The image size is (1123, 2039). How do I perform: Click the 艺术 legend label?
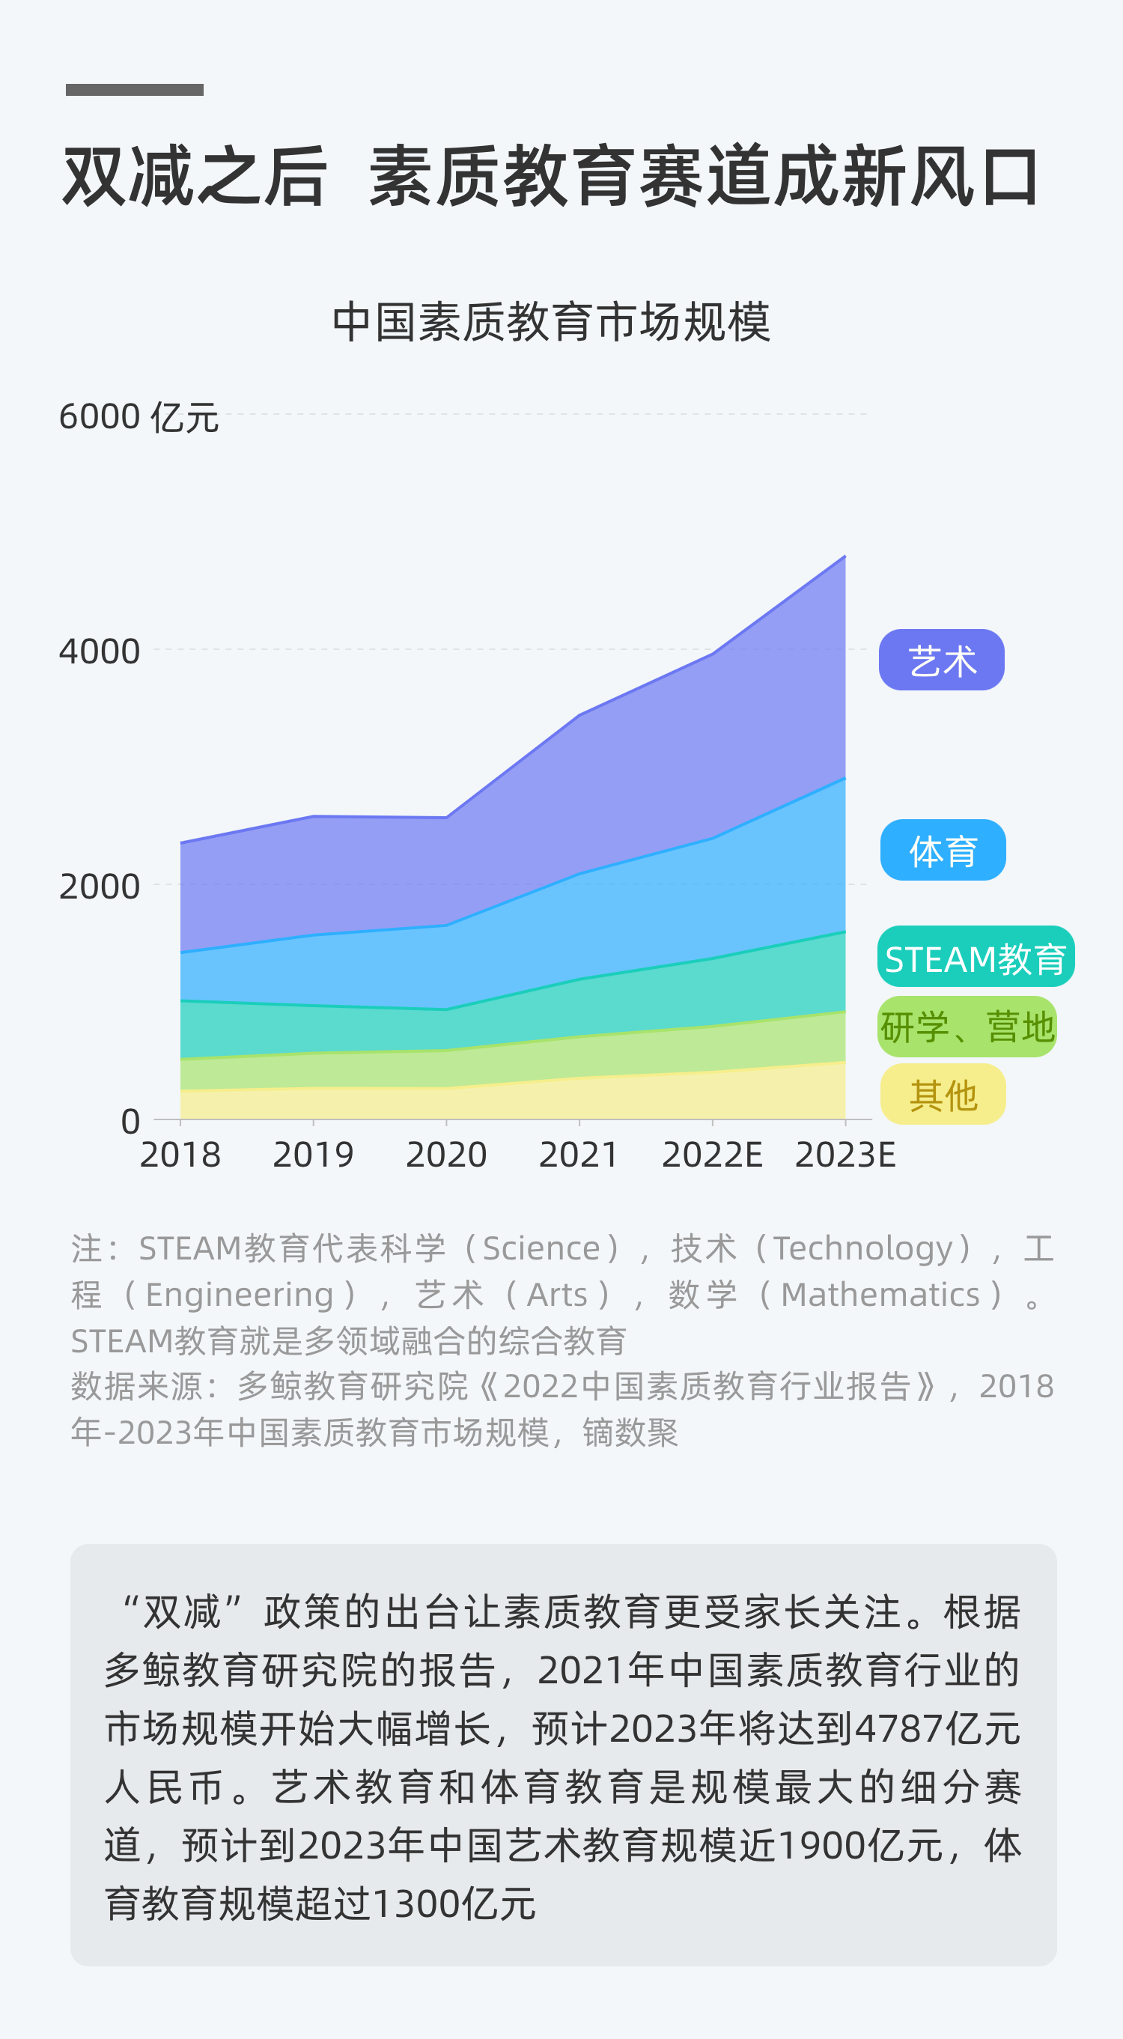941,660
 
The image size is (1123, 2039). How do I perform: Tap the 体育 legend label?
943,850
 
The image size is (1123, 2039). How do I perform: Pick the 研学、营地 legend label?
967,1027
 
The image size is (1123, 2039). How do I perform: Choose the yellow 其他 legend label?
943,1095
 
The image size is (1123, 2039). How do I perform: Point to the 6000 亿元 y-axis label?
139,416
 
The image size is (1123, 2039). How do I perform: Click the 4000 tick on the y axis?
99,651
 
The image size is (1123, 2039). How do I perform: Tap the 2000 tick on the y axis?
99,887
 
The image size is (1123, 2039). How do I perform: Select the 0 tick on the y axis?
130,1122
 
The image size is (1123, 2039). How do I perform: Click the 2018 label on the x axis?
180,1155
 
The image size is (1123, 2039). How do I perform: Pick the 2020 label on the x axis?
446,1155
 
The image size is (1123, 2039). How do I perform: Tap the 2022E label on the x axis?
711,1155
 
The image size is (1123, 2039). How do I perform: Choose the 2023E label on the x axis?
844,1155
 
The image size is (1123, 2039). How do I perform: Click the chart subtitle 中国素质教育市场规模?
552,322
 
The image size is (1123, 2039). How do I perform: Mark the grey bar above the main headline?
135,89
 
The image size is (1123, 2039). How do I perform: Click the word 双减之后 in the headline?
195,176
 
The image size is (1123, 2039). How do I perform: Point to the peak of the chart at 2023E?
844,557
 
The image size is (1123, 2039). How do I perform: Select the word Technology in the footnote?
862,1248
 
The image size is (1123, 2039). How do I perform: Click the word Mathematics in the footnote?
880,1295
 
